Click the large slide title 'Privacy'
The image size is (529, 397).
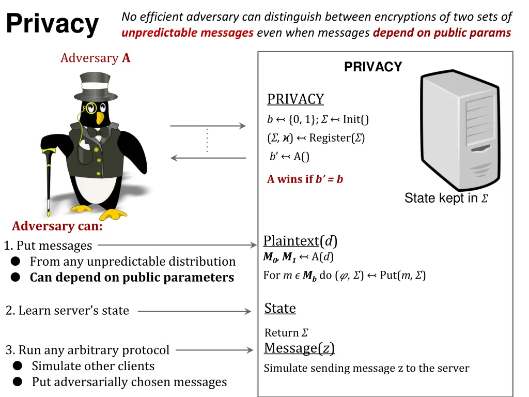click(52, 24)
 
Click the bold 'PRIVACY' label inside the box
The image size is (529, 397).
click(373, 67)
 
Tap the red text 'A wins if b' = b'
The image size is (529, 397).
click(305, 179)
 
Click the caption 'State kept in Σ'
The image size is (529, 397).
click(446, 198)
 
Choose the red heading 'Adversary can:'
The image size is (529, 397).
click(57, 226)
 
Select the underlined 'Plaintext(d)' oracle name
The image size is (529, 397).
click(300, 241)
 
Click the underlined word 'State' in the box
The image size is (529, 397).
click(280, 308)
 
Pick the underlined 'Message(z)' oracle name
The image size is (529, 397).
click(299, 348)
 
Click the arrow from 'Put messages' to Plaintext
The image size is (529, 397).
click(176, 246)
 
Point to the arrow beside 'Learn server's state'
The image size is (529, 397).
click(194, 311)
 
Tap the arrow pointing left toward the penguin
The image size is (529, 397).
click(208, 158)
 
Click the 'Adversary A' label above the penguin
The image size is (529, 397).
click(96, 58)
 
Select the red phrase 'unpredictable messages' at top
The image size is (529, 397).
click(188, 33)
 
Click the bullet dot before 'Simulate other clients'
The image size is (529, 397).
click(18, 366)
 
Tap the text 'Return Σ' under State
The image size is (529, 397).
click(286, 333)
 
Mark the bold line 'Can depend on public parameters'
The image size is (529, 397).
click(132, 278)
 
